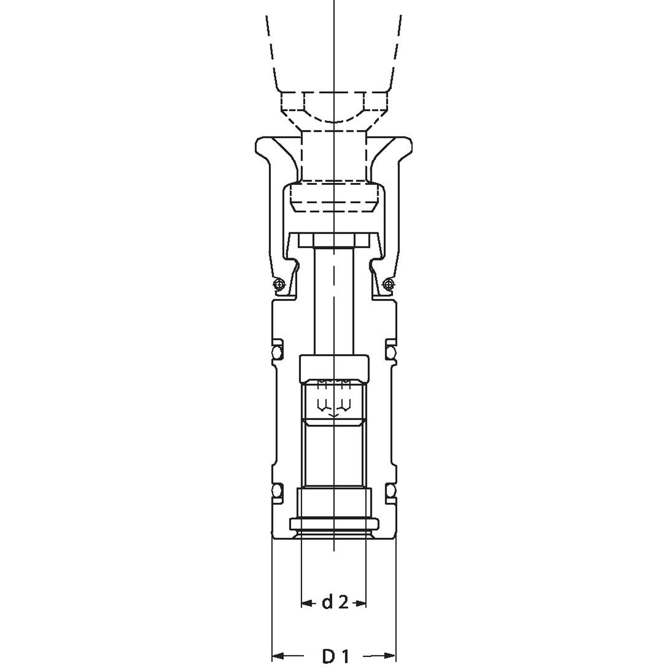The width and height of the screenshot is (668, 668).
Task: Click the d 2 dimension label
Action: pos(335,603)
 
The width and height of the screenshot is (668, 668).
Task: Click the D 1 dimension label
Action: pos(335,656)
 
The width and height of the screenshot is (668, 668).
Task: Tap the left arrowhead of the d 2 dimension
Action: pos(307,603)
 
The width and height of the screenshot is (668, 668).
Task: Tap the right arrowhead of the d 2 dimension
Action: pos(360,603)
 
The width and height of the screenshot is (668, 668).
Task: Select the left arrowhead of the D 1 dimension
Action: pos(278,656)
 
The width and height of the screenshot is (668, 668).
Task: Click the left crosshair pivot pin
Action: pos(279,285)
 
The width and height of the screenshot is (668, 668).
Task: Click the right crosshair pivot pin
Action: pos(389,285)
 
